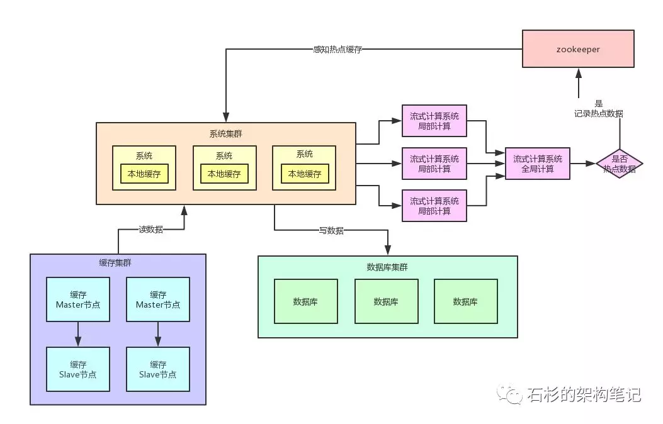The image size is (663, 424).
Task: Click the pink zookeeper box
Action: point(578,48)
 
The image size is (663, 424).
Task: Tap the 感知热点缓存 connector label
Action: point(337,50)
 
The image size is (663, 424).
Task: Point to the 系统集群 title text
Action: point(226,134)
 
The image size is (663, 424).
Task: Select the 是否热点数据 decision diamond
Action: point(620,164)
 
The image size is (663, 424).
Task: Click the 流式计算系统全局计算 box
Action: point(538,164)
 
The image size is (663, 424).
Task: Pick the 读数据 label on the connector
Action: point(151,230)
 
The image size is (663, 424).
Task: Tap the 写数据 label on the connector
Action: point(331,230)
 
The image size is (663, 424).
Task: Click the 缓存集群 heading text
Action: point(115,263)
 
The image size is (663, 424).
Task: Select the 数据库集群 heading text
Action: point(387,267)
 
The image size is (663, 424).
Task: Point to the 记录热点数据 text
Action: point(598,113)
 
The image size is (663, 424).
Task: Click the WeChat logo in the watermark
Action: point(509,394)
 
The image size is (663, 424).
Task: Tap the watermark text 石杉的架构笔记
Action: point(584,394)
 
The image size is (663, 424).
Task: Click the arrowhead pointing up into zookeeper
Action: point(579,73)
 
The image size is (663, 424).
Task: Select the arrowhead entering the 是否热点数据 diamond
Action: point(591,164)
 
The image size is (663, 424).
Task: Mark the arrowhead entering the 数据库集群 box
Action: point(388,250)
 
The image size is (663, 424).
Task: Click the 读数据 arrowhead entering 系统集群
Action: point(184,210)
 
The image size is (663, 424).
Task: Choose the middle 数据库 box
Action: point(387,301)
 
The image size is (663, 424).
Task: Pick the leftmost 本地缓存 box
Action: point(144,174)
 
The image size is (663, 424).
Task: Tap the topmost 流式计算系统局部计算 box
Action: point(434,121)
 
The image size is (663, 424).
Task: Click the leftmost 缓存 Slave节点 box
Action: point(78,369)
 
